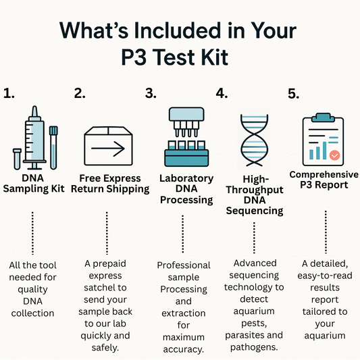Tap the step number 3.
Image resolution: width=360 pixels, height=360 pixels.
[151, 93]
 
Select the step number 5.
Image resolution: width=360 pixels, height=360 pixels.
[293, 94]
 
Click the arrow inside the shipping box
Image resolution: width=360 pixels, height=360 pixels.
[108, 149]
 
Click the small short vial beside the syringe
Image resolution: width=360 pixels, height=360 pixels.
[17, 159]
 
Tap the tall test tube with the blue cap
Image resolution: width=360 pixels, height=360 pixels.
[53, 148]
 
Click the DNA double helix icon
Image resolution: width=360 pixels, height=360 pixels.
[254, 140]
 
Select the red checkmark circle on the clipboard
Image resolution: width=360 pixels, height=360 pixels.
[334, 155]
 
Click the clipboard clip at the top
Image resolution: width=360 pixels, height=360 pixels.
[323, 118]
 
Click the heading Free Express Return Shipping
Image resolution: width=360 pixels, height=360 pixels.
[110, 184]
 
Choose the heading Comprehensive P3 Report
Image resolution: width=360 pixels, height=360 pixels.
[324, 180]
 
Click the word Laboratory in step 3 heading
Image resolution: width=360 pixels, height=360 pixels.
[186, 178]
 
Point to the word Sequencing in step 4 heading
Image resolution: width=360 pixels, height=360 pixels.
[255, 211]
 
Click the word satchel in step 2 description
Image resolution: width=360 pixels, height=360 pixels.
[105, 288]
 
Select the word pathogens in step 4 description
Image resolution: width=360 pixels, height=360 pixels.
[254, 347]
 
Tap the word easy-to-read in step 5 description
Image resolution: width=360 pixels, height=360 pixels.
[325, 276]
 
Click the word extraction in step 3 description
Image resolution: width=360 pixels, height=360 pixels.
[184, 313]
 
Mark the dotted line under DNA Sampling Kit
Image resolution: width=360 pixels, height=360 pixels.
[32, 233]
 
